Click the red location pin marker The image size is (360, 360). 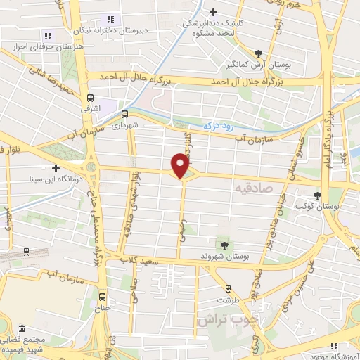[x=181, y=166]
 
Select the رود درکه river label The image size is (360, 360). [x=217, y=124]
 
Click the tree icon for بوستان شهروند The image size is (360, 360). [x=224, y=244]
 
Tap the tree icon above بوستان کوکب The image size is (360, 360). [x=319, y=195]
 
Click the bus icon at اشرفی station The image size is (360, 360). [x=90, y=98]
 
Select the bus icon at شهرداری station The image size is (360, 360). [x=124, y=114]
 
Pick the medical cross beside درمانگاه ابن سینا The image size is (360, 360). [x=56, y=167]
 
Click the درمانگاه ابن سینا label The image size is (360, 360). [x=28, y=178]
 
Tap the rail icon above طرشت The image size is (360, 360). [x=228, y=288]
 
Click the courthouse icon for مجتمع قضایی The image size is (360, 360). [x=21, y=329]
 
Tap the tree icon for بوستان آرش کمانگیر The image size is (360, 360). [x=259, y=53]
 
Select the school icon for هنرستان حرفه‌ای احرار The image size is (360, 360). [x=48, y=36]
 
